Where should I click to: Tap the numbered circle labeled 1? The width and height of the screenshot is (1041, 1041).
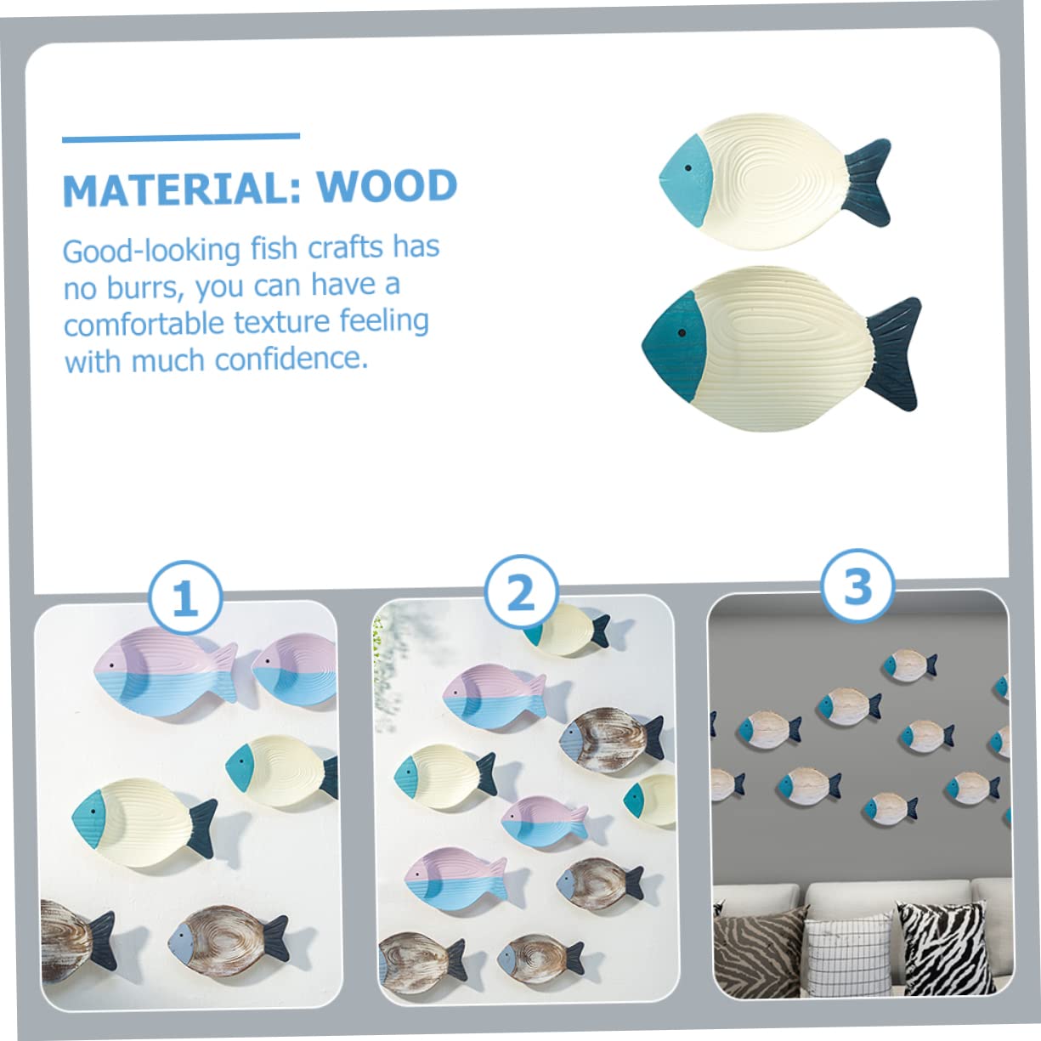(x=185, y=599)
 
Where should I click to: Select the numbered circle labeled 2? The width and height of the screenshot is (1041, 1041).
(x=521, y=592)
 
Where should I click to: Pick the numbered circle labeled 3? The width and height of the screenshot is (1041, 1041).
(x=857, y=586)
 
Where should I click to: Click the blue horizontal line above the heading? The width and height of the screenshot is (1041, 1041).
(x=181, y=136)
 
